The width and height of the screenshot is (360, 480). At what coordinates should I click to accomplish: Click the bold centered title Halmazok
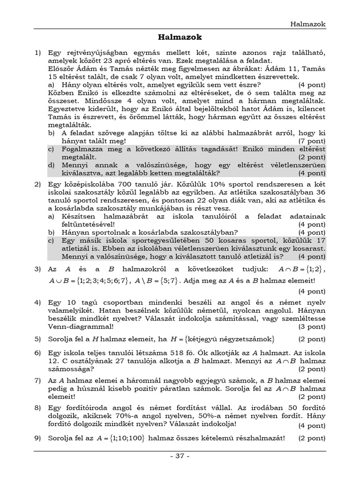click(180, 37)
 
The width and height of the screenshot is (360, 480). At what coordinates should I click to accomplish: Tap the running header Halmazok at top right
click(307, 24)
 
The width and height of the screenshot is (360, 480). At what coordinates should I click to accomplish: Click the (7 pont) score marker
click(312, 141)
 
